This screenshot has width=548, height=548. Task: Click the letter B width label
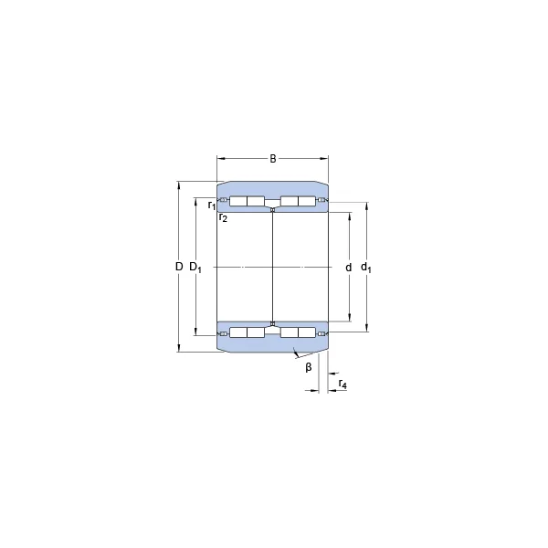coord(272,159)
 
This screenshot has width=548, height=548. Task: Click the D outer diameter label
coord(179,267)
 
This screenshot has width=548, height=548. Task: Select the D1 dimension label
coord(195,268)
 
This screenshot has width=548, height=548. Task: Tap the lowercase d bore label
coord(349,268)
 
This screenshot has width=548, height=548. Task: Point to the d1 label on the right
coord(366,268)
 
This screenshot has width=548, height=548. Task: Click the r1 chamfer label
coord(212,205)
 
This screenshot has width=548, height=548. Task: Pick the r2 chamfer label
coord(223,217)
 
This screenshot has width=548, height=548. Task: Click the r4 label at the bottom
coord(342,385)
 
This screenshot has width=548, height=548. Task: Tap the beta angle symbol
coord(309,367)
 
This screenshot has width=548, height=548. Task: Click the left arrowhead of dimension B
coord(220,159)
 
